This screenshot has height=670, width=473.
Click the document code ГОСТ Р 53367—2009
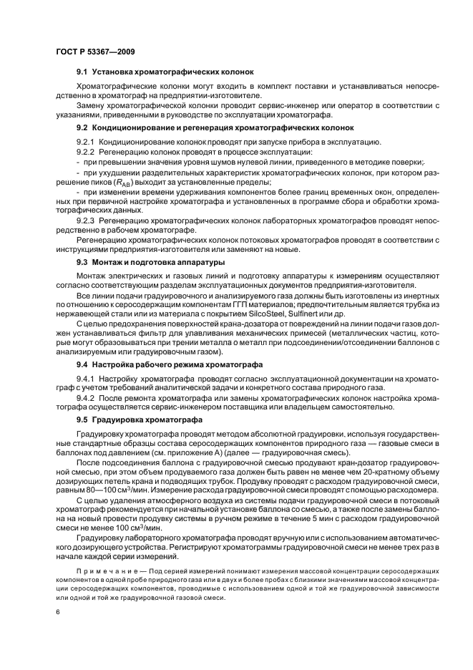tap(95, 51)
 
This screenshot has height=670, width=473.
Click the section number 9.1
tap(82, 72)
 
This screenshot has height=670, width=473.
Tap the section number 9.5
tap(82, 419)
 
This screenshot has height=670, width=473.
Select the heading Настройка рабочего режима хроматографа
tap(172, 364)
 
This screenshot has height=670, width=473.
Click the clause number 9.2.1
tap(87, 142)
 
